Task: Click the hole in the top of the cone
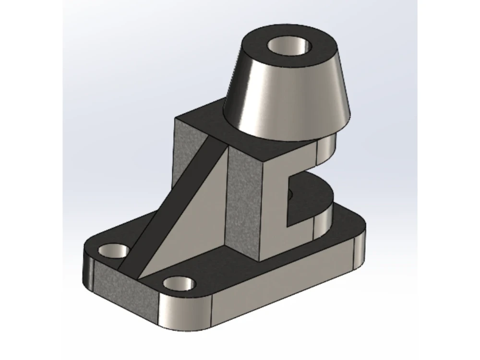(x=289, y=48)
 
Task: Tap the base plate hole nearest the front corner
(x=179, y=283)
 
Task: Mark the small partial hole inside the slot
(x=289, y=194)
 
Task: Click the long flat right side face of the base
(x=283, y=283)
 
